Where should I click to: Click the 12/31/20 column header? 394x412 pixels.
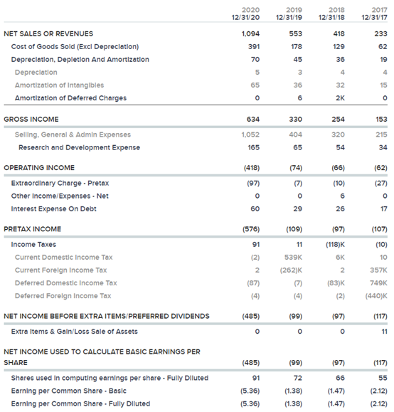[245, 17]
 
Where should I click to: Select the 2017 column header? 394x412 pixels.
[379, 10]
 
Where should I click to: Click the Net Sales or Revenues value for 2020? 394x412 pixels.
[250, 33]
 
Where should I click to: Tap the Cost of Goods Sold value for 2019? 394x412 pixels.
[297, 46]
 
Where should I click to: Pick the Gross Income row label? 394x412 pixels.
[31, 120]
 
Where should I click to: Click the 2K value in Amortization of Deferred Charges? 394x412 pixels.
[340, 98]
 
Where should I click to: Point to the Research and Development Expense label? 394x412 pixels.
[79, 147]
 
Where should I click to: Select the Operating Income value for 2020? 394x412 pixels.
[252, 168]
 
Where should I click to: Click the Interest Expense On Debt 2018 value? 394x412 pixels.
[340, 209]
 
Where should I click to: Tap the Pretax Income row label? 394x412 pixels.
[32, 229]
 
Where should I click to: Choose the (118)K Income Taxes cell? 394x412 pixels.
[335, 245]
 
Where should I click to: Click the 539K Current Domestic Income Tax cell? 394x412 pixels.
[293, 258]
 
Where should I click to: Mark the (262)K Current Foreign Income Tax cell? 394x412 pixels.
[291, 270]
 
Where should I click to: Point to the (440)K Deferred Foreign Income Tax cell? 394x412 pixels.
[376, 296]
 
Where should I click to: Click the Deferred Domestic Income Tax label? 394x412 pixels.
[66, 283]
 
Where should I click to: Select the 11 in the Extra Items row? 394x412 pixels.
[384, 332]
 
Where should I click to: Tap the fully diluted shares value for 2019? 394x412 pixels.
[297, 378]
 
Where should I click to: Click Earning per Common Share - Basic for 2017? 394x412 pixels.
[378, 391]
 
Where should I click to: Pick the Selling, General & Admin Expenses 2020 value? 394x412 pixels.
[250, 134]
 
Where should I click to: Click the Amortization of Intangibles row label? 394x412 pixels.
[59, 85]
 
